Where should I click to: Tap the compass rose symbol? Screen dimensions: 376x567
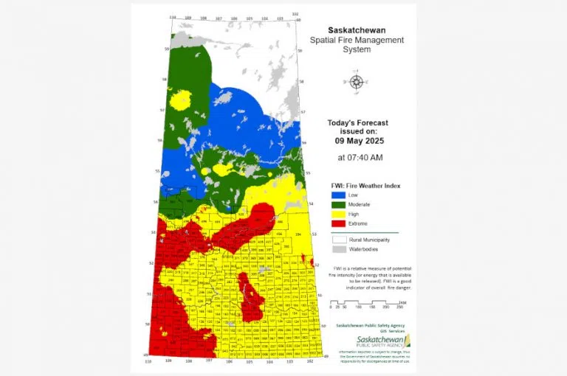357,81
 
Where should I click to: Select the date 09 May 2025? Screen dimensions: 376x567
358,140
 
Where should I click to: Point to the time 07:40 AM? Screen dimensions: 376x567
360,157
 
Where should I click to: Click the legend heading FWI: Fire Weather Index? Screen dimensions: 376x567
364,185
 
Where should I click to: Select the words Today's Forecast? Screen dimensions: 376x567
358,123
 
